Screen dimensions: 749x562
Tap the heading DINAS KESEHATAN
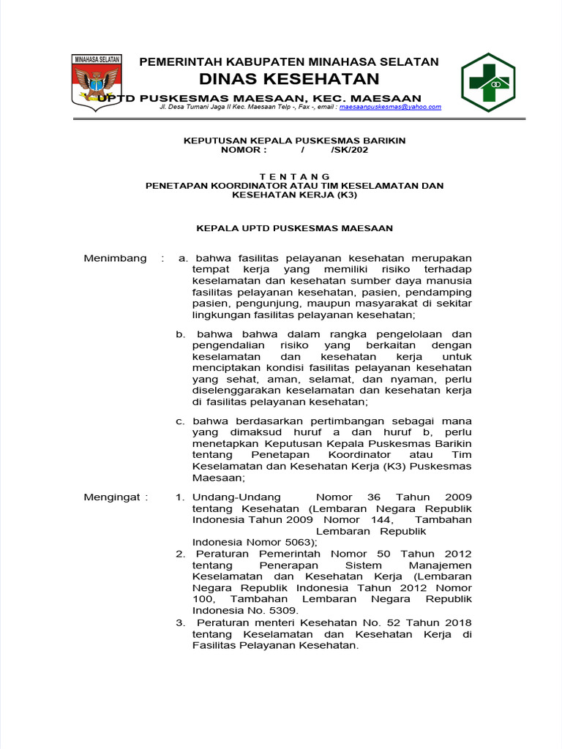290,79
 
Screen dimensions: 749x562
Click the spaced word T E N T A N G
295,176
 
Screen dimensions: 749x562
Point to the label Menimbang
115,258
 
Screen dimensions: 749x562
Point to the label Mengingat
115,497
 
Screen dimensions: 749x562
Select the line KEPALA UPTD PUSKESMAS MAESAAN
295,228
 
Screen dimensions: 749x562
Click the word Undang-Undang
236,497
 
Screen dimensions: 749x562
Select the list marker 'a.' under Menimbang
183,258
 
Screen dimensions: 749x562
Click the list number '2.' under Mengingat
180,554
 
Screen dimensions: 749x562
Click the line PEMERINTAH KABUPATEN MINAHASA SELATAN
289,61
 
